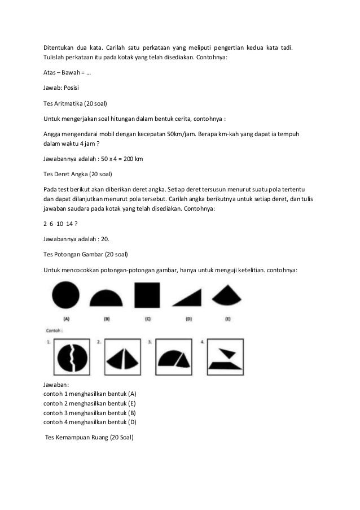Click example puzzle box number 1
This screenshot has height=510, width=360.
click(71, 358)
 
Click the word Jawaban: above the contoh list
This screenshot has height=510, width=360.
click(56, 385)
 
